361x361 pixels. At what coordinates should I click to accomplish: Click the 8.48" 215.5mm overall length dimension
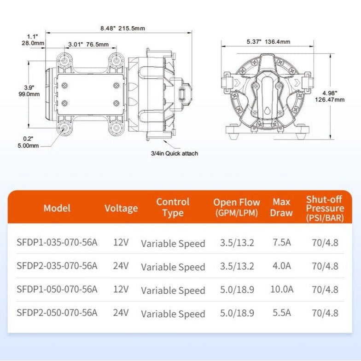point(122,29)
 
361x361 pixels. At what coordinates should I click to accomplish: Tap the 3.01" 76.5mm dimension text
point(88,44)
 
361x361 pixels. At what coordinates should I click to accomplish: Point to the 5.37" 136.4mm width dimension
point(268,41)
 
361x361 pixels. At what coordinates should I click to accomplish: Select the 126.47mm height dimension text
point(330,99)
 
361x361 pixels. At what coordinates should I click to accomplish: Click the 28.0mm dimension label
point(33,43)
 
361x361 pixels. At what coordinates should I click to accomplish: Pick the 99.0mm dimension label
point(29,94)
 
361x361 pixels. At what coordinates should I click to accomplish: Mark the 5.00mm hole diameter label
point(28,146)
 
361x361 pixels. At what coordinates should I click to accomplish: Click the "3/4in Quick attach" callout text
point(175,153)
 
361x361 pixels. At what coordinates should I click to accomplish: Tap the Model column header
point(57,208)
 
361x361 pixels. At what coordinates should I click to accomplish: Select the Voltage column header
point(121,208)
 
